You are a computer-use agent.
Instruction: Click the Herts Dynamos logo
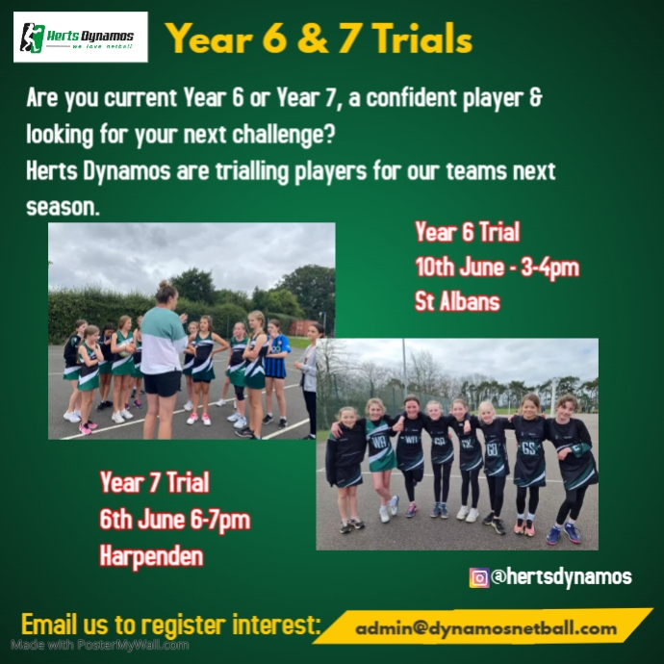pyautogui.click(x=80, y=38)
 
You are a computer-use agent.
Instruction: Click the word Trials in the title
pyautogui.click(x=415, y=39)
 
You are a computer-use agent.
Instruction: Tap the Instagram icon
pyautogui.click(x=478, y=577)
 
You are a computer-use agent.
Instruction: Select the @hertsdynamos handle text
pyautogui.click(x=560, y=577)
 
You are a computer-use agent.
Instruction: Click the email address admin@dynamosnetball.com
pyautogui.click(x=486, y=628)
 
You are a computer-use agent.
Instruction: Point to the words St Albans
pyautogui.click(x=457, y=302)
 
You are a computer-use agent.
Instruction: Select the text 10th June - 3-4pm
pyautogui.click(x=497, y=268)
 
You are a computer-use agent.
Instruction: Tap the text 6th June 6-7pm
pyautogui.click(x=174, y=521)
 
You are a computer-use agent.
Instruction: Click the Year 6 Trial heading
pyautogui.click(x=467, y=233)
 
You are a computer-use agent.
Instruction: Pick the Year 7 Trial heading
pyautogui.click(x=154, y=484)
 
